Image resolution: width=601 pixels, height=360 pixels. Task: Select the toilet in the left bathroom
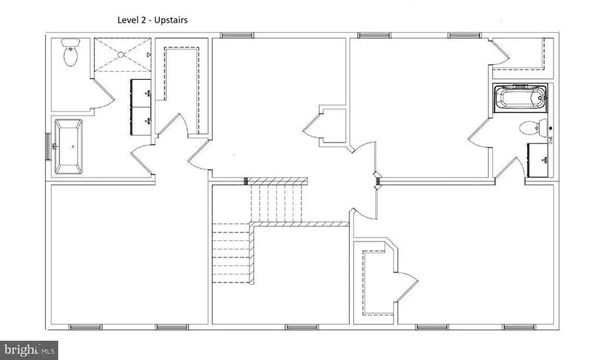click(x=70, y=53)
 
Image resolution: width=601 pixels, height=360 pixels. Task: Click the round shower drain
click(x=121, y=55)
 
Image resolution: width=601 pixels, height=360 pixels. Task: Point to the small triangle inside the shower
click(x=149, y=55)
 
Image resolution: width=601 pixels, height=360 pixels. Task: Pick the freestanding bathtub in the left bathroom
click(x=69, y=147)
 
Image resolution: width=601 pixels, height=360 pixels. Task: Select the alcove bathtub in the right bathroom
click(x=520, y=97)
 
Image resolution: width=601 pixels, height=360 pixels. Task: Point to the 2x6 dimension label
click(x=551, y=140)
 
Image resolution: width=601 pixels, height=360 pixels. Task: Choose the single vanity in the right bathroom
click(x=539, y=159)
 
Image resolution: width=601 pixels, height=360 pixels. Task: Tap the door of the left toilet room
click(x=102, y=97)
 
